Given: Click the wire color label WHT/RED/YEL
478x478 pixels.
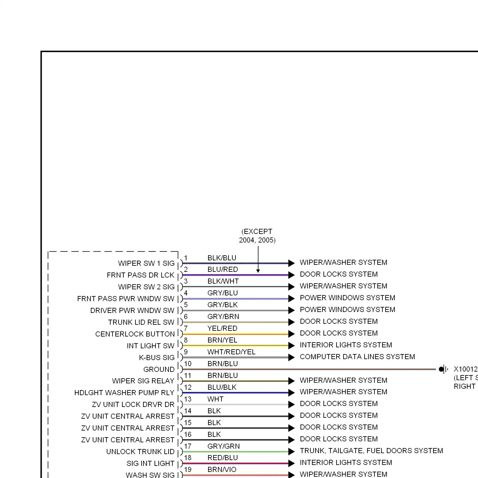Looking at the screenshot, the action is tap(231, 352).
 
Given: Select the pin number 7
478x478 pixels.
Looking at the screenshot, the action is tap(186, 328).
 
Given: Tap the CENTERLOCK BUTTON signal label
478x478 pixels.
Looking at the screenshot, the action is tap(135, 334).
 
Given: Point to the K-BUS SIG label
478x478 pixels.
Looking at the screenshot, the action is tap(157, 358).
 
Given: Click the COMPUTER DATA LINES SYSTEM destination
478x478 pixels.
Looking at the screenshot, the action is tap(357, 357).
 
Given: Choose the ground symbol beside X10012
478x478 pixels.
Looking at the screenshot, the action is tap(443, 369).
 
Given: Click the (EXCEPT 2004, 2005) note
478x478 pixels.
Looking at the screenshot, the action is tap(257, 236).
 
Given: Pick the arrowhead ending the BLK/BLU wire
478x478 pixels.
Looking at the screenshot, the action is tap(291, 263).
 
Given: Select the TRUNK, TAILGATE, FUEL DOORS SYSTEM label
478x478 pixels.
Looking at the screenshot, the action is tap(371, 451).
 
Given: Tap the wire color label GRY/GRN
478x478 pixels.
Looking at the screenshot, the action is tap(224, 446).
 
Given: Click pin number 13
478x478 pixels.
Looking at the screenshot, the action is tap(188, 399).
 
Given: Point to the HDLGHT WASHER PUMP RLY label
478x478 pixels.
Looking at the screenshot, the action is tap(124, 393).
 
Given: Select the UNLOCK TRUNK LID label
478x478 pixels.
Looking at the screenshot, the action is tap(141, 452).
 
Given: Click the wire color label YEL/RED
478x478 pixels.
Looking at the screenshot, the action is tap(222, 328).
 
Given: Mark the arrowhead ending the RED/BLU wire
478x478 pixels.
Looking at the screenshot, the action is tap(291, 463).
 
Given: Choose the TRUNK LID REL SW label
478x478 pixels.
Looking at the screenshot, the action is tap(141, 322).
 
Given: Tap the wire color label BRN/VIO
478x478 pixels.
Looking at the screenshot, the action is tap(222, 469).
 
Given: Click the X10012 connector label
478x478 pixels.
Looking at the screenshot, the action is tap(466, 369).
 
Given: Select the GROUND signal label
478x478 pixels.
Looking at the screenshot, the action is tap(159, 369).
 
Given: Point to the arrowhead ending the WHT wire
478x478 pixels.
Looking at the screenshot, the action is tap(291, 404).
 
